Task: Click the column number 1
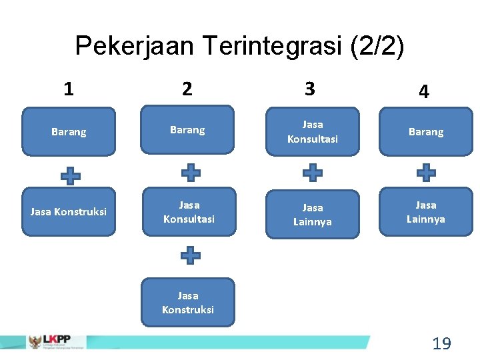(69, 89)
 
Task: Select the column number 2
(187, 89)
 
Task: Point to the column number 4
(424, 92)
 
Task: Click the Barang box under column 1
(69, 132)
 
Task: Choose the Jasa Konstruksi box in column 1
(69, 212)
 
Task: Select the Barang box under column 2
(187, 130)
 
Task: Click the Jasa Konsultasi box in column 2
(189, 212)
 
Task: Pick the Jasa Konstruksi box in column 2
(188, 302)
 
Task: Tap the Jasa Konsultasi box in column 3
(312, 131)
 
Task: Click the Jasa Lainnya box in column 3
(312, 215)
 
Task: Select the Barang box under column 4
(426, 132)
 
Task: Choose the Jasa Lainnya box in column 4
(426, 211)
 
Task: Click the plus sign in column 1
(71, 175)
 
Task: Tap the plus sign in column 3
(312, 173)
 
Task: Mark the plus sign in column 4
(426, 173)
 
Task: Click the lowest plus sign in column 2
(190, 255)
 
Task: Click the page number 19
(441, 344)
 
